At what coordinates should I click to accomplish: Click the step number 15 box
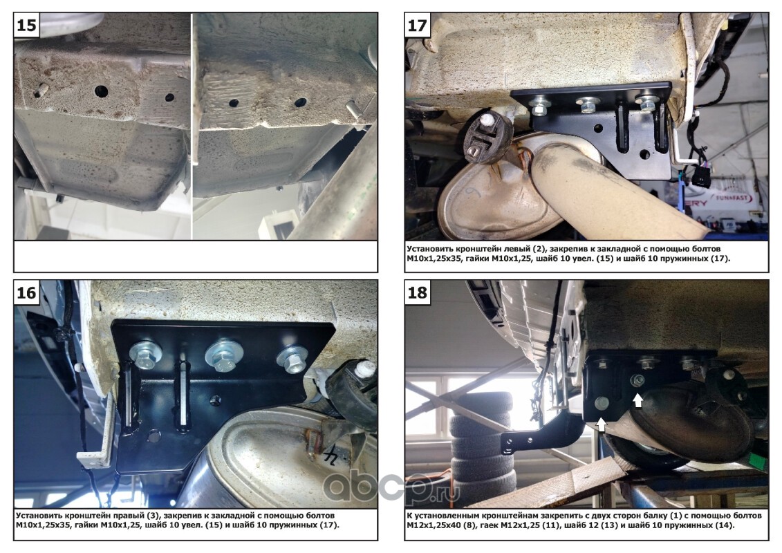click(x=27, y=25)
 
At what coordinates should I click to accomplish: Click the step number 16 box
click(x=27, y=292)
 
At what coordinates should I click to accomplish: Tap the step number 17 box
click(x=418, y=25)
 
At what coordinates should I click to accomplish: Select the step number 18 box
click(x=418, y=292)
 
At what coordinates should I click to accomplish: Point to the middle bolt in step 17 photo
click(x=588, y=104)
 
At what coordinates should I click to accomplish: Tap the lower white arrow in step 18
click(x=602, y=424)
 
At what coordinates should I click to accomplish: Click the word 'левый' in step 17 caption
click(x=503, y=248)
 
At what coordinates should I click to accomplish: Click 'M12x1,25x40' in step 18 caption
click(x=430, y=525)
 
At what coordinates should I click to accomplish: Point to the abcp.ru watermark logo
click(x=391, y=484)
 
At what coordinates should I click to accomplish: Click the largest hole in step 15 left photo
click(x=101, y=91)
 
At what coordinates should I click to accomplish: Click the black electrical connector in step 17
click(x=700, y=176)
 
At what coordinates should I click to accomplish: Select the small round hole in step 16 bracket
click(x=216, y=400)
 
